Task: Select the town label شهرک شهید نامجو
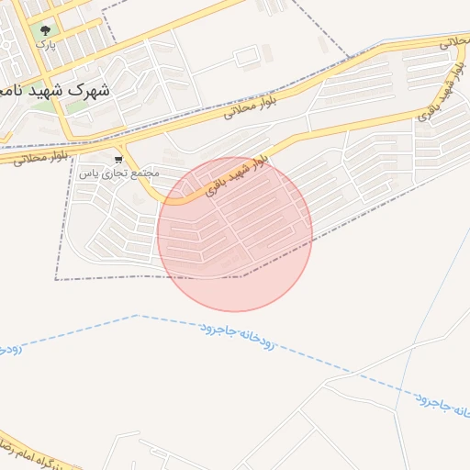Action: [x=55, y=91]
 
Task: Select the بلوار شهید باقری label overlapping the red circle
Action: [x=236, y=174]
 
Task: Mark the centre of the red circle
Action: [x=235, y=234]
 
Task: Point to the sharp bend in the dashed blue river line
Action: [x=136, y=316]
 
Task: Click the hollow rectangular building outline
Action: [x=247, y=58]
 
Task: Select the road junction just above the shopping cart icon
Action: [x=119, y=145]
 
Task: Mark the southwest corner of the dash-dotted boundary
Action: [x=56, y=278]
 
